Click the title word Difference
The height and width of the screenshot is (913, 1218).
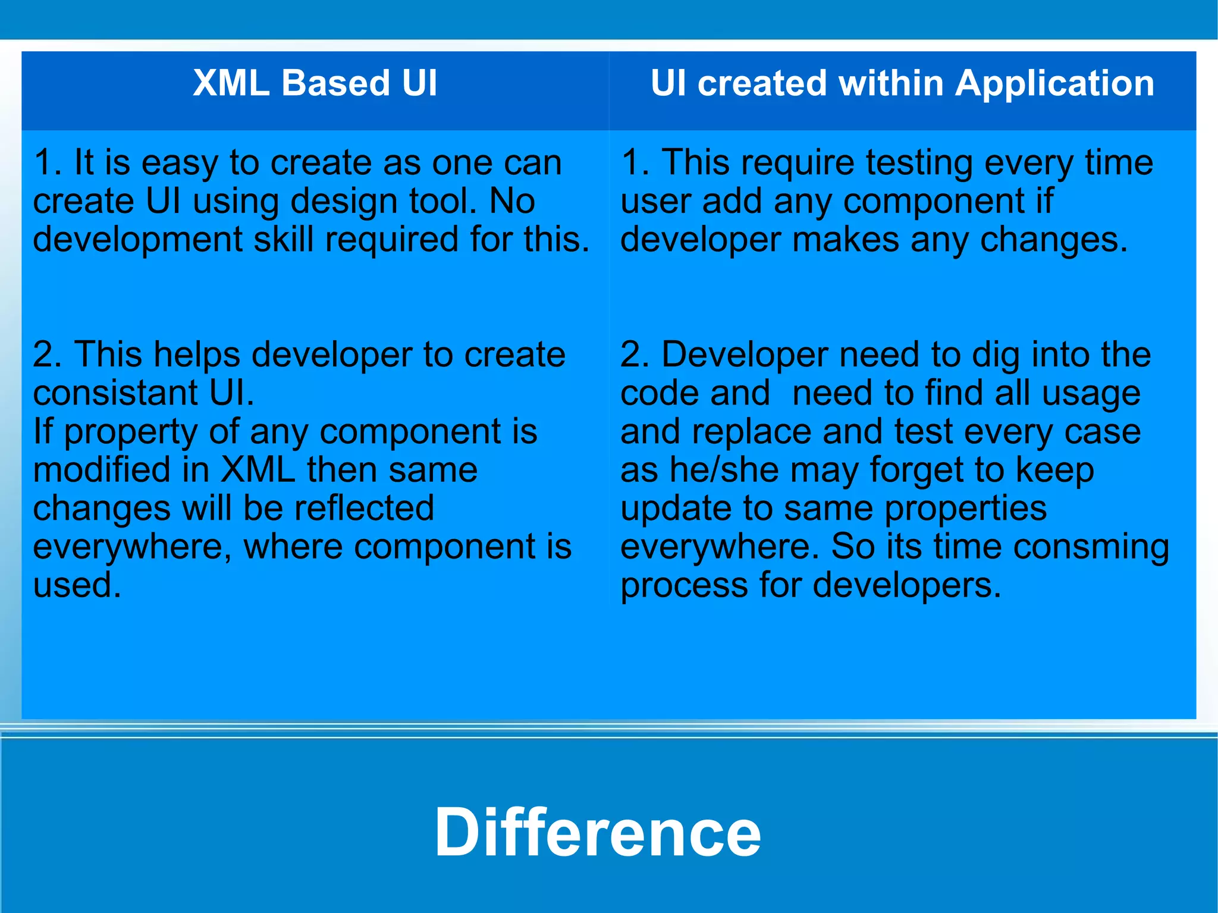(597, 832)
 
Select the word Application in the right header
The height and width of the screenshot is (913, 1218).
(1054, 83)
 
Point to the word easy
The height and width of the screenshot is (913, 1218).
(179, 163)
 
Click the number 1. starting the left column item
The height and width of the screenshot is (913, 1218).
(48, 163)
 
